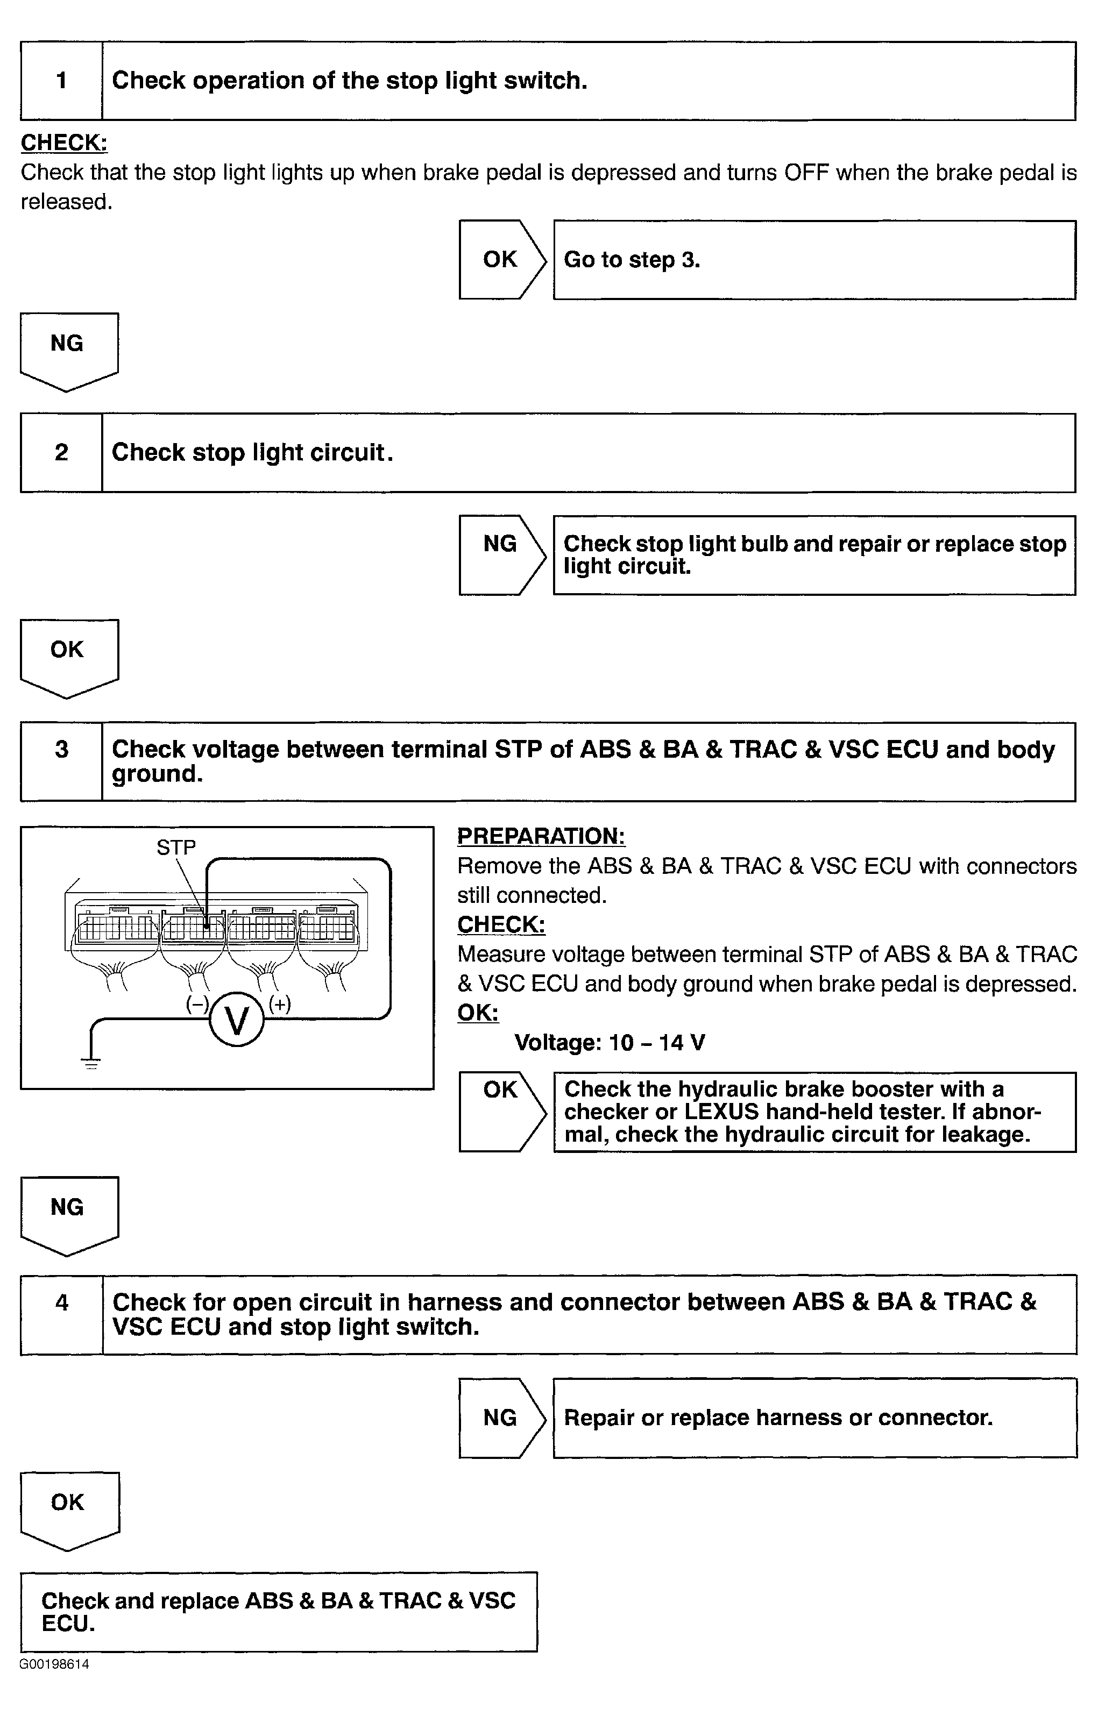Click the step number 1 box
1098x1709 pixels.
[x=61, y=81]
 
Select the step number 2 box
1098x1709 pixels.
[x=61, y=453]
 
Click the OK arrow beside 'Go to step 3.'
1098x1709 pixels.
[x=501, y=259]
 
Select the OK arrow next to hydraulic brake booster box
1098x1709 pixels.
[x=501, y=1111]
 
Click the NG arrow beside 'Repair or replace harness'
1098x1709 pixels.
[x=501, y=1418]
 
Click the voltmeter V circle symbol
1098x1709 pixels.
[x=237, y=1019]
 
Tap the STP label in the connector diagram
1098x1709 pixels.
[x=176, y=848]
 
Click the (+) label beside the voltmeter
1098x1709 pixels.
[x=280, y=1003]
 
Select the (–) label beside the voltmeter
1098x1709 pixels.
[x=197, y=1003]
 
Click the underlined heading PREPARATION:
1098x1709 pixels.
[x=541, y=836]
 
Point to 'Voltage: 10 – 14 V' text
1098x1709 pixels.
[x=610, y=1043]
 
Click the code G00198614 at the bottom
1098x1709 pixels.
[x=54, y=1665]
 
